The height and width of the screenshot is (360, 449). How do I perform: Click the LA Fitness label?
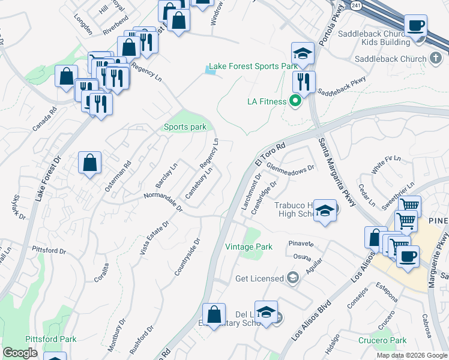point(267,101)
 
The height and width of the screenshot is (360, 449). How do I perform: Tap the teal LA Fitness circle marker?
point(295,101)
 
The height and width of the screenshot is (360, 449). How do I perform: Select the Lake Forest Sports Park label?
point(253,66)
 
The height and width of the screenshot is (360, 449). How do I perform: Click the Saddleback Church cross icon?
point(436,59)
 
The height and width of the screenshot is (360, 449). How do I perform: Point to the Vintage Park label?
point(249,247)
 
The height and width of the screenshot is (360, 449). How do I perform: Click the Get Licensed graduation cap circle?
point(292,277)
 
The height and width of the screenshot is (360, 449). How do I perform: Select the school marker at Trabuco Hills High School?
point(325,211)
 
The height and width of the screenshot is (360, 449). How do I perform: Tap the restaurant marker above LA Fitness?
point(304,82)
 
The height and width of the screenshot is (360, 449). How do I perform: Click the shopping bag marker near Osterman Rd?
point(89,163)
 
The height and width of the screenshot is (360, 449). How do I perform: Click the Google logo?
point(20,353)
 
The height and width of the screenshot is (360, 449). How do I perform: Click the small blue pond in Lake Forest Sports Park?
point(209,71)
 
